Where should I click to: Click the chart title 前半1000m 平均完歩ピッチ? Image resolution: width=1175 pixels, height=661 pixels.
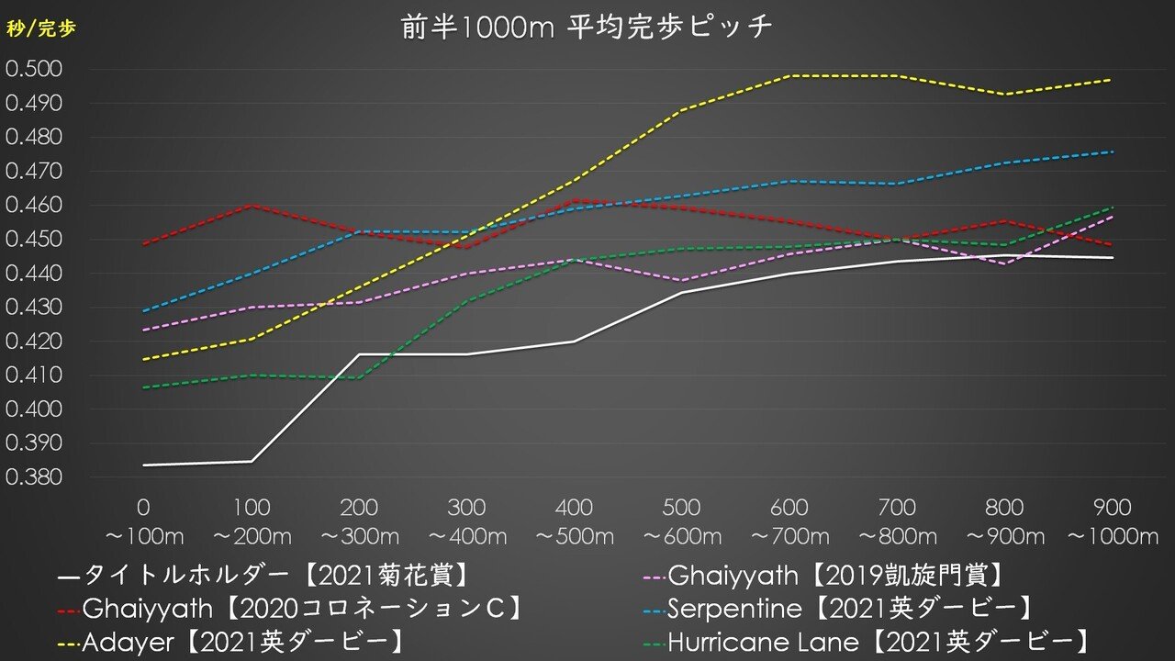pos(587,28)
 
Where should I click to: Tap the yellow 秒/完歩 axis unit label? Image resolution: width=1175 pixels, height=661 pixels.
pos(41,28)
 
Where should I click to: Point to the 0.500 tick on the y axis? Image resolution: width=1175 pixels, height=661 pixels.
pos(33,70)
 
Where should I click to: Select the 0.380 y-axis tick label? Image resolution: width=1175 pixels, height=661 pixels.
pos(33,477)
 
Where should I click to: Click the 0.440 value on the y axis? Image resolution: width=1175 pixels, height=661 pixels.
pos(33,274)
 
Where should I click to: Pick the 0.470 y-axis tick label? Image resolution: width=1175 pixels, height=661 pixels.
pos(33,172)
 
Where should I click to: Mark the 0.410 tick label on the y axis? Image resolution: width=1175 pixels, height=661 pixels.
pos(33,375)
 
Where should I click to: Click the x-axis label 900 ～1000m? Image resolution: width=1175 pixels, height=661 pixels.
pos(1113,521)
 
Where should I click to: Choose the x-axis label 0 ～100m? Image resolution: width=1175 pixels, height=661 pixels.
pos(144,521)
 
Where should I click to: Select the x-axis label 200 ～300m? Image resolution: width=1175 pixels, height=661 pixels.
pos(359,521)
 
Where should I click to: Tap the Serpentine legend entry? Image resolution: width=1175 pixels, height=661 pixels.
pos(849,608)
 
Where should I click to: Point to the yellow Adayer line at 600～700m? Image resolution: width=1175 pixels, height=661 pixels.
pos(789,76)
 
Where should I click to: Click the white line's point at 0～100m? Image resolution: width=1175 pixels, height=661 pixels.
pos(144,465)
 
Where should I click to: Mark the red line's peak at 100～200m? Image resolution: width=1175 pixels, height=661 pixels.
pos(252,205)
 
